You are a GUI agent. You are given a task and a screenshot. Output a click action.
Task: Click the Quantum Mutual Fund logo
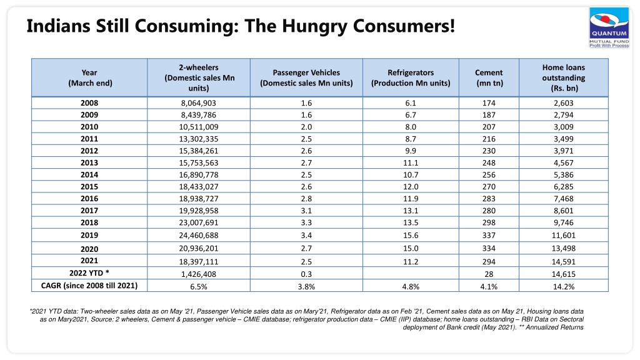click(x=609, y=27)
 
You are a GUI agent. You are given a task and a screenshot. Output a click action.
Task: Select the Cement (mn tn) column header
click(x=489, y=77)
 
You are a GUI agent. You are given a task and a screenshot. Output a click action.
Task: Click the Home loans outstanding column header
click(x=564, y=77)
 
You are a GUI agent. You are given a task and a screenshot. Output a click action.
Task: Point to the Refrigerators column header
click(x=411, y=77)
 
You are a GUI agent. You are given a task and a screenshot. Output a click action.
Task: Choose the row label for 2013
click(x=89, y=162)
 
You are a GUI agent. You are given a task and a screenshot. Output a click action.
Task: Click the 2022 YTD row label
click(x=89, y=273)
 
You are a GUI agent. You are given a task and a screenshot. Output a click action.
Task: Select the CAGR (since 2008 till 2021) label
click(x=89, y=285)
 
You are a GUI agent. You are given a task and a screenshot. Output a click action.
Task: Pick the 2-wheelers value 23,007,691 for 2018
click(x=199, y=222)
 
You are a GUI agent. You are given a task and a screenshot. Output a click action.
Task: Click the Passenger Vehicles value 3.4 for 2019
click(x=306, y=235)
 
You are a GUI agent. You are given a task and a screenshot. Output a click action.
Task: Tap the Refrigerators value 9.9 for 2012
click(x=411, y=151)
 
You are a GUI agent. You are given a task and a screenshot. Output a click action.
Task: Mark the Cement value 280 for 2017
click(x=489, y=211)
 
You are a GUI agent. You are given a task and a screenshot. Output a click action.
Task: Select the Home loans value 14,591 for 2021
click(x=564, y=262)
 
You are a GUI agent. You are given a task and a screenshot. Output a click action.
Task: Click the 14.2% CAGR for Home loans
click(x=564, y=286)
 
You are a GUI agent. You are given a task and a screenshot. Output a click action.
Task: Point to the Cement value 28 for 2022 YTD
click(x=489, y=274)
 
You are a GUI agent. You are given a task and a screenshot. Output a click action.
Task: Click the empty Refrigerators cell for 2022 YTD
click(x=411, y=273)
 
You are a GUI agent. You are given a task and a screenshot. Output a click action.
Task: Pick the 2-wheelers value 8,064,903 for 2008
click(x=199, y=103)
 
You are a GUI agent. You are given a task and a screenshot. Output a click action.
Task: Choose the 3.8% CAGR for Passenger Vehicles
click(x=306, y=286)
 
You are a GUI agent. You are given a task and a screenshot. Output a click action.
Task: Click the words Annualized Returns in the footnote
click(x=555, y=327)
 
